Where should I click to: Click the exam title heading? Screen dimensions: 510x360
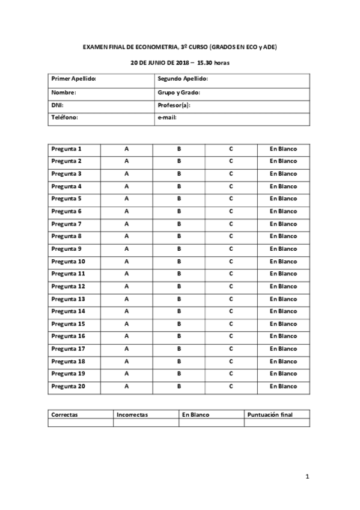tap(180, 46)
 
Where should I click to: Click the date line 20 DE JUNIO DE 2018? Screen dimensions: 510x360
tap(180, 63)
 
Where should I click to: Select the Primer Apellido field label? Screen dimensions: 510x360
tap(74, 79)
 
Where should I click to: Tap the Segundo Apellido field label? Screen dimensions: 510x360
tap(182, 79)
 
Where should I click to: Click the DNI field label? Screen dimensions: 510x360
tap(57, 105)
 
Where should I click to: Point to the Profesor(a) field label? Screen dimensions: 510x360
tap(174, 105)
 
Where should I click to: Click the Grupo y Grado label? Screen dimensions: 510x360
tap(178, 93)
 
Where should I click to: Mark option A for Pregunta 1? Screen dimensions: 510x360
tap(126, 149)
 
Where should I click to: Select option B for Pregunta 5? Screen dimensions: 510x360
tap(179, 198)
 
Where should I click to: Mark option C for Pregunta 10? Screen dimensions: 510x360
tap(231, 262)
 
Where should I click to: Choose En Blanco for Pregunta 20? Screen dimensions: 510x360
tap(283, 386)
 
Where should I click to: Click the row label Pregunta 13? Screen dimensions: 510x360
tap(68, 299)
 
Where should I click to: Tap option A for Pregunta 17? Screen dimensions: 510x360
tap(126, 349)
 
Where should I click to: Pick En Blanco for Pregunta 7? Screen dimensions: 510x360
tap(283, 224)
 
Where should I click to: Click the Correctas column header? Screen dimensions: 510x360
tap(65, 415)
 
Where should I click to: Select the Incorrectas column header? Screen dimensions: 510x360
tap(132, 415)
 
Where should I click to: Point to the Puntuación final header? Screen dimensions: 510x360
tap(270, 415)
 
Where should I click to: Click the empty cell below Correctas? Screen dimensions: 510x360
tap(80, 423)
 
